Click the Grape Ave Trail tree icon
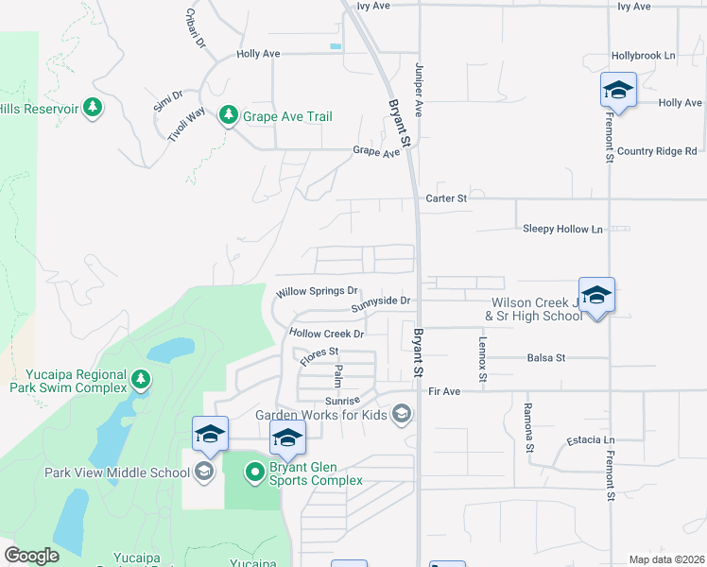coord(228,115)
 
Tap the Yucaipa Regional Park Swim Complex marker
coord(141,380)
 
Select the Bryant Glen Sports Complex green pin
coord(255,471)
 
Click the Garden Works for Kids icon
coord(403,413)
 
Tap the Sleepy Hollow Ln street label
coord(562,230)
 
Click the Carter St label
coord(446,198)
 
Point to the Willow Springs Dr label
coord(317,292)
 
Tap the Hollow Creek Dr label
coord(327,334)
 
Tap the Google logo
coord(32,556)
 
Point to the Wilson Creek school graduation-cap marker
coord(596,297)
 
